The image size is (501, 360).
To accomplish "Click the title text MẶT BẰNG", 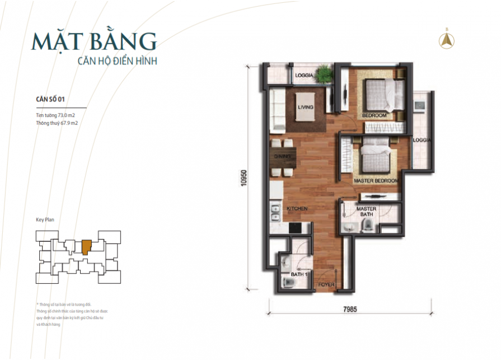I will (93, 42).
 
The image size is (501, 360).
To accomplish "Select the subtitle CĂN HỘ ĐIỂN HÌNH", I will (116, 60).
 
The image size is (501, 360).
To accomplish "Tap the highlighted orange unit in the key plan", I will (86, 246).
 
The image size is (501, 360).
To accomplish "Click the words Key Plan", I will (46, 221).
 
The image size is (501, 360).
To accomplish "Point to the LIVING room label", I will (305, 107).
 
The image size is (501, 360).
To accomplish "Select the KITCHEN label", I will (297, 208).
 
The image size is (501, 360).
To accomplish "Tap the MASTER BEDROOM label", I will (375, 181).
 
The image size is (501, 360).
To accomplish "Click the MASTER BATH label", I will (367, 212).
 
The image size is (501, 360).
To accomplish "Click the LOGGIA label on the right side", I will (422, 141).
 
